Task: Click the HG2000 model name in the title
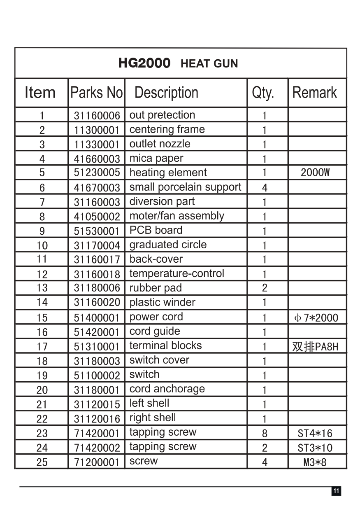click(x=144, y=63)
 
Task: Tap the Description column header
click(x=166, y=93)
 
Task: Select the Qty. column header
click(x=263, y=93)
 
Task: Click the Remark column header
click(x=315, y=93)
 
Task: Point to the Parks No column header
click(x=97, y=93)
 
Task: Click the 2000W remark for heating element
click(x=315, y=173)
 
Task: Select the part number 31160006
click(x=97, y=116)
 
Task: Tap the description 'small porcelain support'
click(x=185, y=187)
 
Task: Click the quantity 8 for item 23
click(x=265, y=433)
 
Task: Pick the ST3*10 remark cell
click(x=315, y=448)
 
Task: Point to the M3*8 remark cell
click(x=315, y=462)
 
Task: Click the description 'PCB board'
click(x=156, y=230)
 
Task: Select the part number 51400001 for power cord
click(x=97, y=317)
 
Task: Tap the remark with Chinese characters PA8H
click(x=315, y=347)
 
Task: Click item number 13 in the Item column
click(x=42, y=288)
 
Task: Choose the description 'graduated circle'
click(x=168, y=245)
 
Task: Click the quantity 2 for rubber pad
click(x=265, y=288)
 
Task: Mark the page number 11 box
click(x=336, y=491)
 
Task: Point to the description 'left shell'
click(x=149, y=403)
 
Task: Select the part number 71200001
click(x=97, y=462)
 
